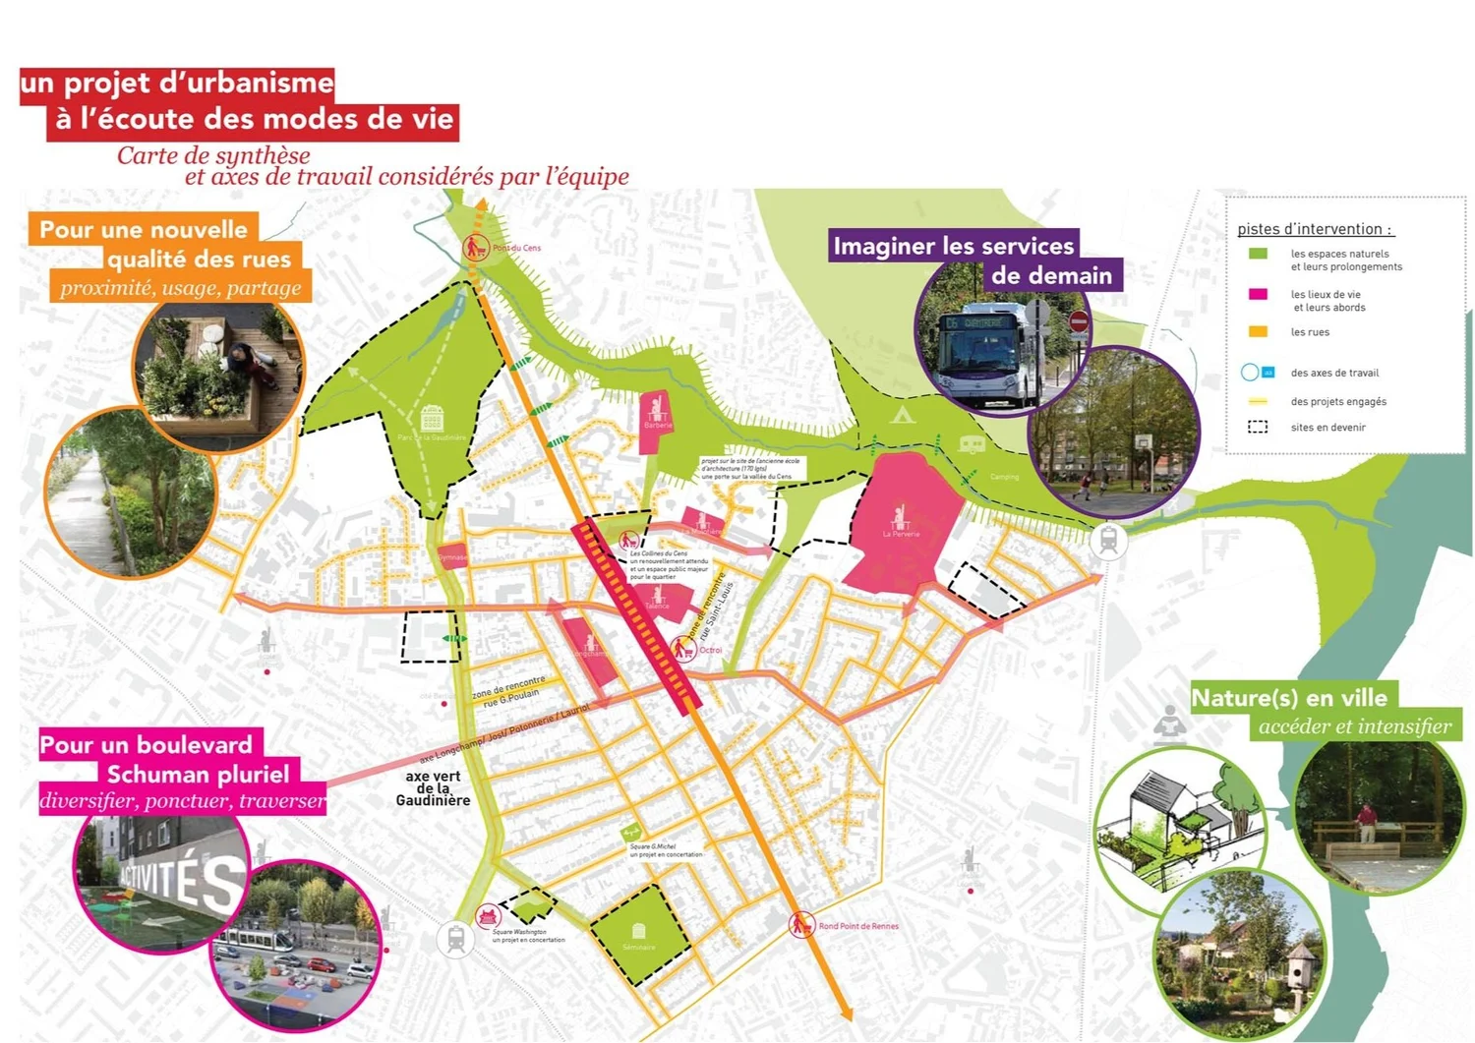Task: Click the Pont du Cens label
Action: click(x=516, y=248)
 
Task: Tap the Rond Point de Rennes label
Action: click(x=858, y=926)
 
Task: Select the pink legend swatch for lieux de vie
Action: click(x=1258, y=294)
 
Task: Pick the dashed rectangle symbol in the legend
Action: click(x=1258, y=428)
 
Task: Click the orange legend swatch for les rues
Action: click(x=1258, y=332)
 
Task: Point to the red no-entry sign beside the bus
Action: click(x=1079, y=321)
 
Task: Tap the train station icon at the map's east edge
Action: click(x=1108, y=540)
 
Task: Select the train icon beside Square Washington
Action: click(x=456, y=939)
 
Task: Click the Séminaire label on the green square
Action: click(x=639, y=948)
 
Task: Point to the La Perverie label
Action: click(x=901, y=534)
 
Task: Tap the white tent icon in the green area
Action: click(x=902, y=415)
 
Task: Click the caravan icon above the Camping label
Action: click(x=972, y=444)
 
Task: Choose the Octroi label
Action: click(x=710, y=650)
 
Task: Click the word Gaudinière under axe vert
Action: click(x=433, y=801)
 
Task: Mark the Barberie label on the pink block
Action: click(x=658, y=426)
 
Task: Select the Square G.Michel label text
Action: click(x=653, y=846)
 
